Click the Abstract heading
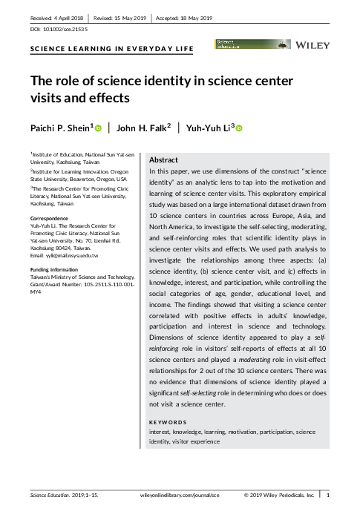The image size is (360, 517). [x=163, y=160]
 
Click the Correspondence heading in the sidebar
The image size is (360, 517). [x=49, y=219]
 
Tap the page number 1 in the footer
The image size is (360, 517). [x=328, y=493]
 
